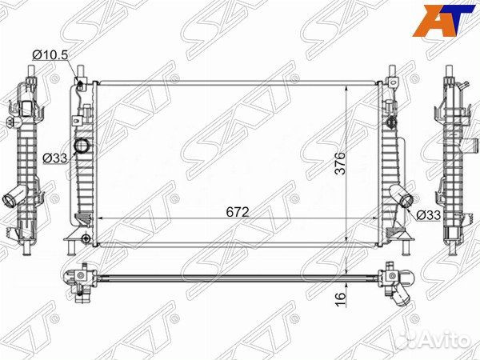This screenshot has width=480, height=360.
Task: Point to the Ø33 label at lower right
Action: point(428,214)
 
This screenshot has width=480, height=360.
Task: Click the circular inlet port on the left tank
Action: point(82,146)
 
